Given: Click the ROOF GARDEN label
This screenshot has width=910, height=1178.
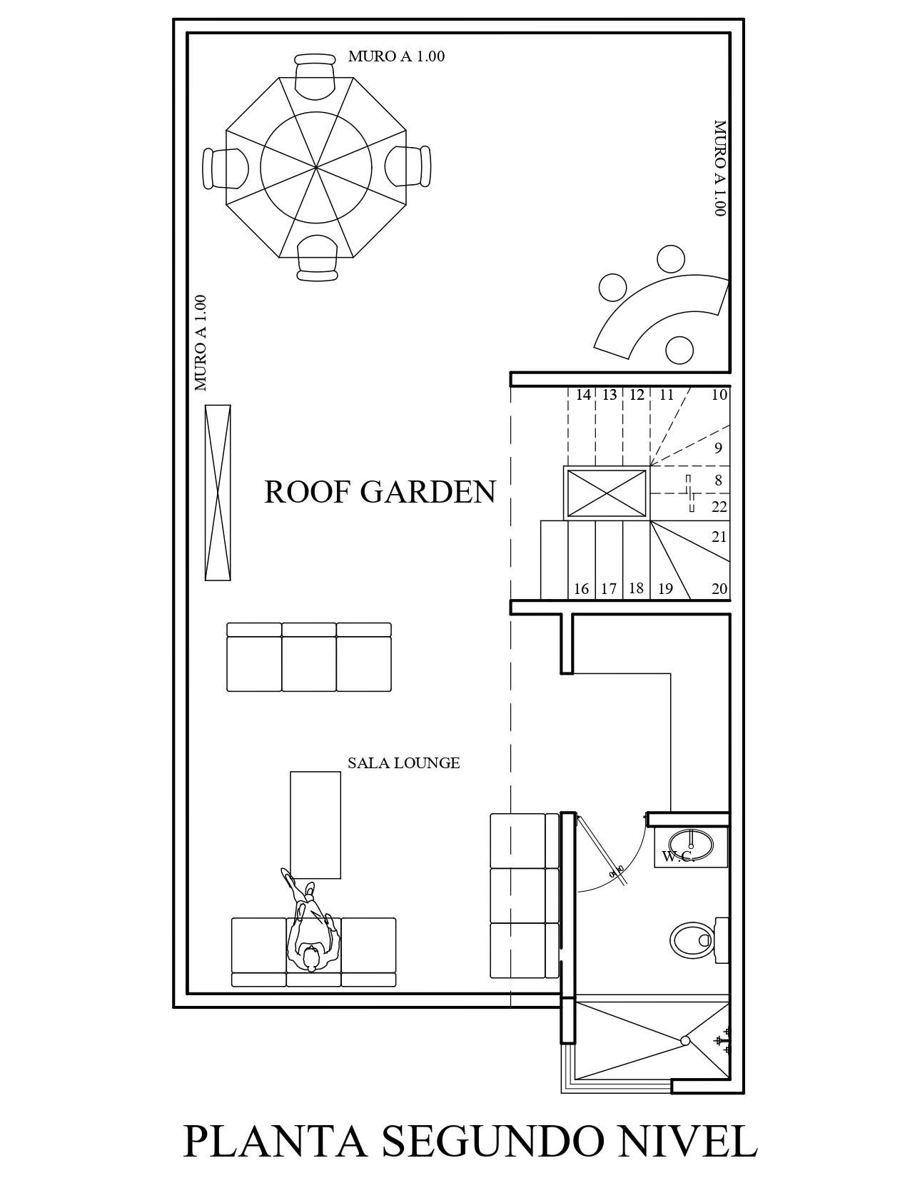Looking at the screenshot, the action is (x=380, y=492).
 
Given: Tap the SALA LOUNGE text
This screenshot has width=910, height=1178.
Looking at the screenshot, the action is (x=404, y=762).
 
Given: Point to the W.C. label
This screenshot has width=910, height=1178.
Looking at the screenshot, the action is (x=677, y=857).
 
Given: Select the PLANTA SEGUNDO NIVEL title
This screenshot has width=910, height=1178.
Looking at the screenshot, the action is (x=470, y=1142).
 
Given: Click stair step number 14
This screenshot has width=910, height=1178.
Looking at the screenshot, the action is (x=583, y=395).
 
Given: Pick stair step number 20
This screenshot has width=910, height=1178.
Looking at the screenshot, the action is (x=719, y=589).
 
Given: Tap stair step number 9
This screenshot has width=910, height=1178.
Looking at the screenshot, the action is (x=718, y=448).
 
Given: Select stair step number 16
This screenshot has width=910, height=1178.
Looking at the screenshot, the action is (x=581, y=589).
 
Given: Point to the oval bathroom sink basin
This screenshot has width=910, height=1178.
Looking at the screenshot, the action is (x=691, y=845).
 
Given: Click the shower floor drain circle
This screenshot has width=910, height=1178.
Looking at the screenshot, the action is (x=685, y=1041).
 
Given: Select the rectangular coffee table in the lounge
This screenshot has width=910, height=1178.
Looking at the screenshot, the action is (x=315, y=825).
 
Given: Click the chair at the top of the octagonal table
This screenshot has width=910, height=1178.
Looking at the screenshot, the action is (x=315, y=76).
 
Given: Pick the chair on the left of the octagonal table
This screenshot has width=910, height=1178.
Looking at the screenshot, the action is (x=226, y=168).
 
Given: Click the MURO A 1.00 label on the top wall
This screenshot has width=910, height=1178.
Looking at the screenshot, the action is (x=396, y=56).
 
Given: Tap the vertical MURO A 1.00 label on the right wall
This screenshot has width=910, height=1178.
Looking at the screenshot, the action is (x=719, y=168).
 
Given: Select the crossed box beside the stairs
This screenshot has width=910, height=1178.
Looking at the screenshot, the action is (x=607, y=493).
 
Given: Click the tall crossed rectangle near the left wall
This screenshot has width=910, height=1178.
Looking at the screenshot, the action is (x=218, y=492).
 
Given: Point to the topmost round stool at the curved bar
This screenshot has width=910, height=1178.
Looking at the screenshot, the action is (x=671, y=258).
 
